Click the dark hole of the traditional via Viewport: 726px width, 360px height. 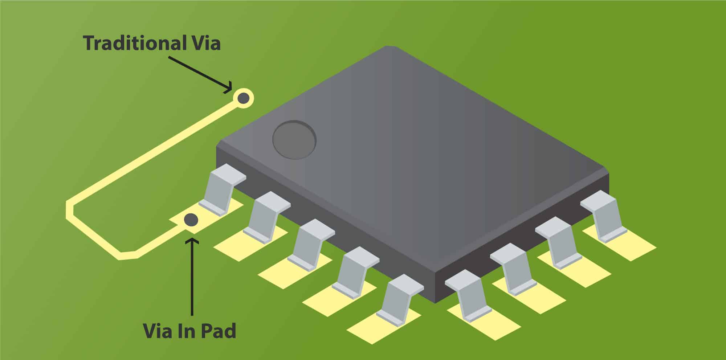[243, 98]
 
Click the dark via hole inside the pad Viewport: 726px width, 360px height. [191, 219]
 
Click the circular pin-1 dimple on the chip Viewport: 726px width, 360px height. [294, 140]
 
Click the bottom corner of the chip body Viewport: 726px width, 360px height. [436, 301]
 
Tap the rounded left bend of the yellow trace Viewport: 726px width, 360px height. [70, 210]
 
